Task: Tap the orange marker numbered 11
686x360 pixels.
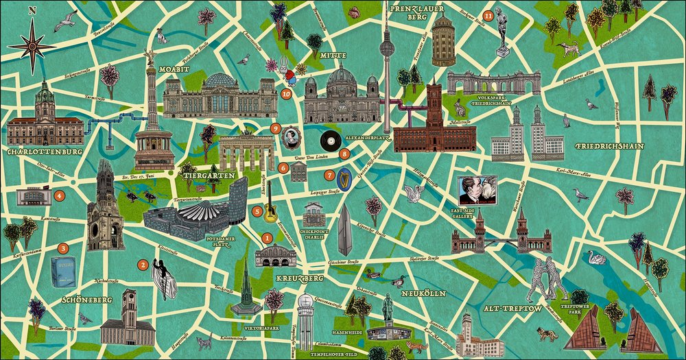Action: point(488,15)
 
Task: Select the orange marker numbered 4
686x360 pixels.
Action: point(60,195)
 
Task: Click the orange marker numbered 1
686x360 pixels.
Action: point(267,238)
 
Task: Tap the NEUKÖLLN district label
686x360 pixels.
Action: point(424,293)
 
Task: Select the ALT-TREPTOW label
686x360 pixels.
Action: point(512,309)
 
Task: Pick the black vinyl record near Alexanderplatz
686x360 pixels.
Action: point(331,141)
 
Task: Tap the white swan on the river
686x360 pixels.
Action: point(595,259)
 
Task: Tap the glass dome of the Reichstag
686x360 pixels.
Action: point(220,80)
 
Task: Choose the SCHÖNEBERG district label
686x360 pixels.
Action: point(86,300)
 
